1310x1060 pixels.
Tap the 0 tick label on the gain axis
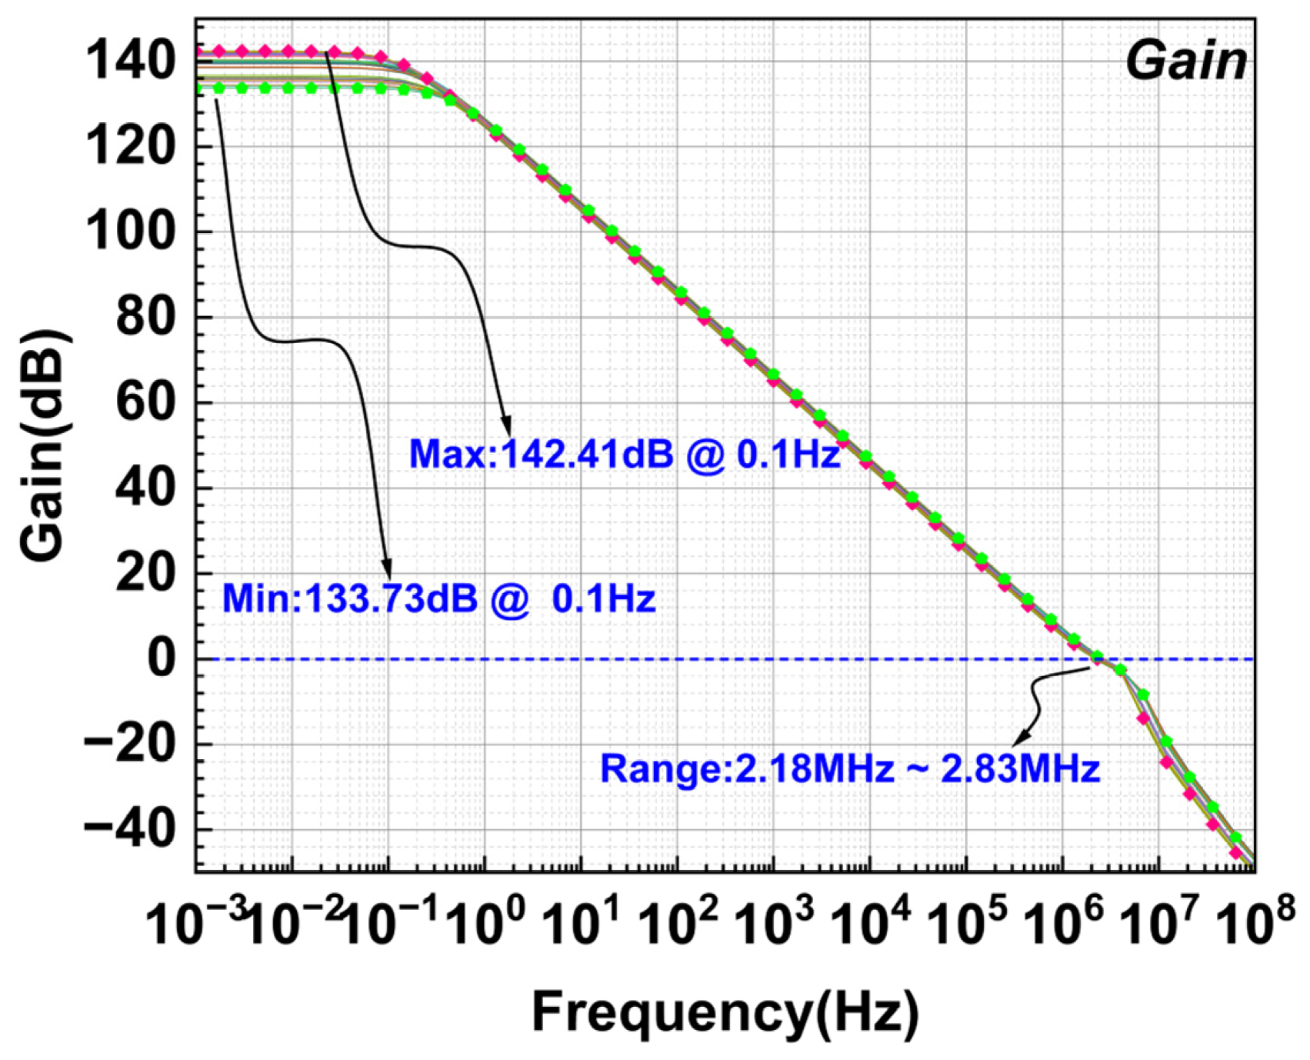click(x=163, y=659)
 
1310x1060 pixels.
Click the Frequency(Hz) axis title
click(x=725, y=1012)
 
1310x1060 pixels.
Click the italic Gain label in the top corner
click(x=1185, y=62)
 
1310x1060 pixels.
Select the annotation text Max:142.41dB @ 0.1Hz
click(x=623, y=455)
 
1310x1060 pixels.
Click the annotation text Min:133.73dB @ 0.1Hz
click(x=438, y=598)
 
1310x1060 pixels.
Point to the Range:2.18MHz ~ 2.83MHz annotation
click(x=849, y=768)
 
